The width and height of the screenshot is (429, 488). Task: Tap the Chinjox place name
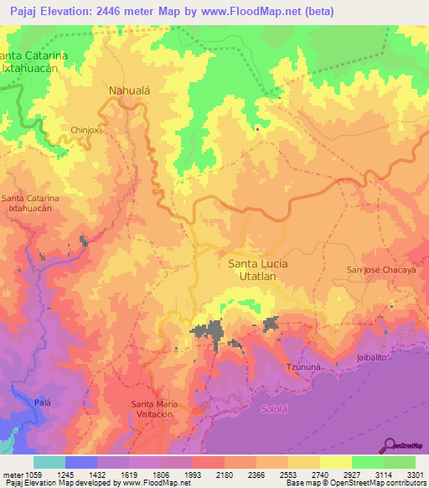pyautogui.click(x=85, y=130)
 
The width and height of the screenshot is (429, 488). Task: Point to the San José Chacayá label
pyautogui.click(x=381, y=269)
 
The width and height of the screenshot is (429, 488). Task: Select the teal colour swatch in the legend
pyautogui.click(x=49, y=462)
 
